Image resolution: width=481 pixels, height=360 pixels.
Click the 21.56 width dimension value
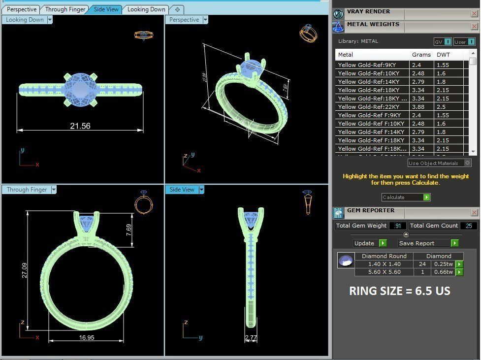coord(80,126)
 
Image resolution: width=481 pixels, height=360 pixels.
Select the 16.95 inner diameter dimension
coord(87,337)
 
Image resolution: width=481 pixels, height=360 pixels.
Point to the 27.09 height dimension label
coord(25,270)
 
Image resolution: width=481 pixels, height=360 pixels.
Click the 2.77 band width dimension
coord(251,338)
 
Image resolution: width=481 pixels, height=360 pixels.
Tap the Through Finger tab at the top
coord(65,9)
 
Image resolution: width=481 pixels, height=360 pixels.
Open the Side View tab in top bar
coord(106,9)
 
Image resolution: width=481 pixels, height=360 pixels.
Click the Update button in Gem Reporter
coord(364,243)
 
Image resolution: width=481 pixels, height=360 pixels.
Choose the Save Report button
coord(417,243)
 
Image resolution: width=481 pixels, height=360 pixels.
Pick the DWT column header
coord(443,55)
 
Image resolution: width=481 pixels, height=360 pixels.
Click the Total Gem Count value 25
coord(468,226)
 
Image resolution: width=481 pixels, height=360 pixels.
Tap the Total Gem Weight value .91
coord(397,226)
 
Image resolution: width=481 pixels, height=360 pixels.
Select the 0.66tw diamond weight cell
coord(443,272)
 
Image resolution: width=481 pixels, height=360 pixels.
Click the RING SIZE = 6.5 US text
coord(400,291)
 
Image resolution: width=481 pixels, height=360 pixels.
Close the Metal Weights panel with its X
coord(474,27)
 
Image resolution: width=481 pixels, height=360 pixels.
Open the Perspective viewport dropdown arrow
coord(205,20)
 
